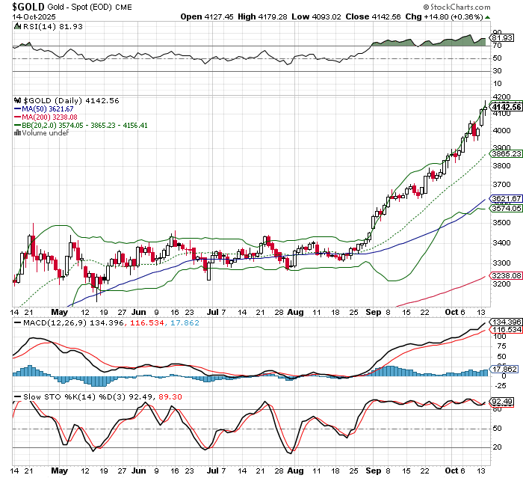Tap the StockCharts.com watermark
467,6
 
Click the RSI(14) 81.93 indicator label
46,26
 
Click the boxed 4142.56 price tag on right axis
506,106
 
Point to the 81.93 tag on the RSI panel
500,37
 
